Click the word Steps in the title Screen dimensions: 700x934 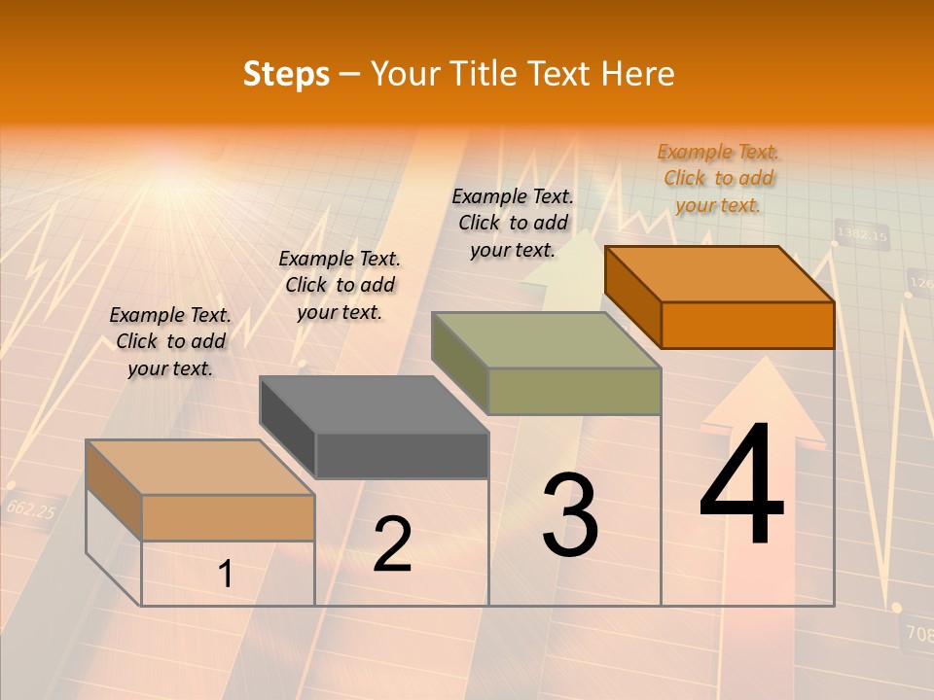click(286, 74)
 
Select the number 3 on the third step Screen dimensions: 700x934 click(570, 515)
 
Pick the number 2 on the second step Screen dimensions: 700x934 click(392, 544)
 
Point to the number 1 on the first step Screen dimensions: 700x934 click(225, 575)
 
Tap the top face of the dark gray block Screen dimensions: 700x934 click(375, 404)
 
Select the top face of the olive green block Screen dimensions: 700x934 click(547, 340)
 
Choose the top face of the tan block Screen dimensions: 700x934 click(200, 467)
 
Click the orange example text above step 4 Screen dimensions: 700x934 click(718, 178)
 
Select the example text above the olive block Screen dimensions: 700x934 click(513, 223)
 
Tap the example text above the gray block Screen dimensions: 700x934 click(340, 285)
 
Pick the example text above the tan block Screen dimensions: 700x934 click(170, 341)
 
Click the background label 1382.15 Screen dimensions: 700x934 click(862, 234)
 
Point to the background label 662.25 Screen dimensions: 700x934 click(30, 508)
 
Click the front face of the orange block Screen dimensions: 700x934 click(747, 325)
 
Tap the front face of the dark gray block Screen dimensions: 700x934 click(402, 455)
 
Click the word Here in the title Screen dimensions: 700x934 click(638, 74)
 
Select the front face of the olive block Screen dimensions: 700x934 click(574, 391)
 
